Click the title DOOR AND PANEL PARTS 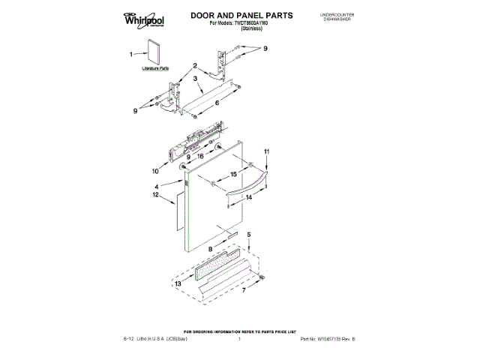[241, 15]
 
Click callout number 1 [133, 54]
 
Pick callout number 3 [194, 78]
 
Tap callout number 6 [216, 102]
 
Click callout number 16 [200, 155]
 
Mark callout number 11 [264, 153]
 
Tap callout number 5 [249, 235]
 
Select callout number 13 [178, 284]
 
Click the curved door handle [244, 188]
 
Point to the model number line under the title [240, 25]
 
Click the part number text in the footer [325, 340]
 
